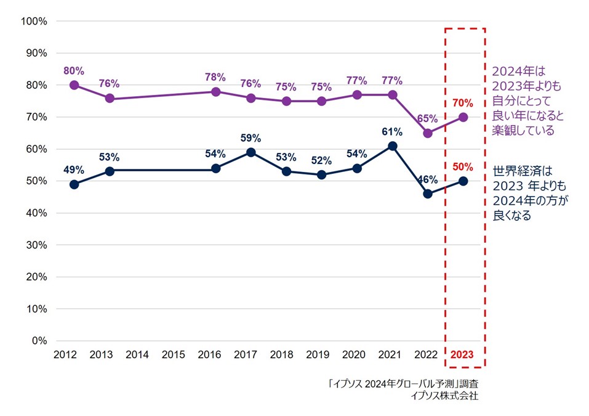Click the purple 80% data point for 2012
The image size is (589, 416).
coord(74,85)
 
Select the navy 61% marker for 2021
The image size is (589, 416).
coord(392,146)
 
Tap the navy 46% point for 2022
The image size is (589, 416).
coord(428,194)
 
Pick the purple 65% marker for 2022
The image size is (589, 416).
coord(428,133)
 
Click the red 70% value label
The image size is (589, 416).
coord(462,103)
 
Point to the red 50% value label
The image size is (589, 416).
coord(462,166)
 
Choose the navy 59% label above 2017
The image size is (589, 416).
coord(250,138)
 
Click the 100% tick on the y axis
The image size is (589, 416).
coord(34,22)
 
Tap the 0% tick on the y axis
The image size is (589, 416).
coord(39,341)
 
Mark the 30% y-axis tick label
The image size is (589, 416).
coord(37,245)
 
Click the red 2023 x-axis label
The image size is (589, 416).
coord(463,355)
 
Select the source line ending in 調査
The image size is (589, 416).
coord(404,384)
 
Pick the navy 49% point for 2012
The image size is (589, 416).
coord(74,184)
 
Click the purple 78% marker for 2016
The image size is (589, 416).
coord(215,92)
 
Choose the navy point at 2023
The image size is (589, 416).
coord(463,181)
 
